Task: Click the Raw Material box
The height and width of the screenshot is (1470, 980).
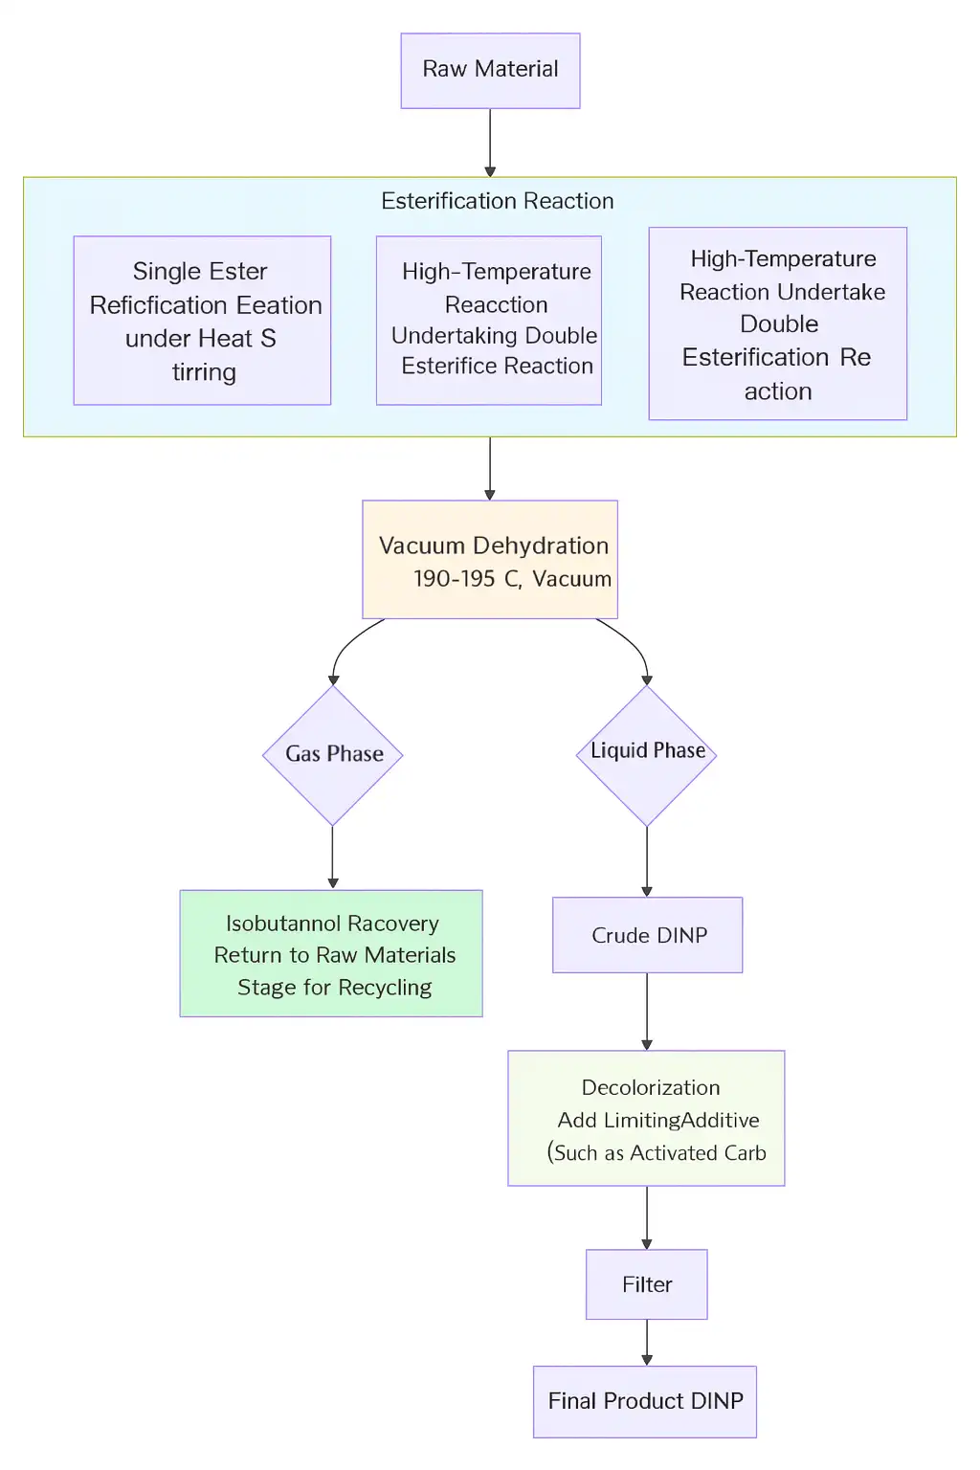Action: click(x=490, y=70)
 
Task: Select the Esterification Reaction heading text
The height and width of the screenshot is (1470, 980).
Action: click(x=497, y=201)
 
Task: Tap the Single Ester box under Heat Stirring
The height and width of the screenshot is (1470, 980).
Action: click(x=202, y=321)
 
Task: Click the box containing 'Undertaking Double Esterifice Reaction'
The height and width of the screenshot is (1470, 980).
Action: click(x=489, y=321)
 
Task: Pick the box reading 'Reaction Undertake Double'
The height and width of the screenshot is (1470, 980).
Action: click(x=778, y=323)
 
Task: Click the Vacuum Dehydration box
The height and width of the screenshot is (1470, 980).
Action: click(x=490, y=559)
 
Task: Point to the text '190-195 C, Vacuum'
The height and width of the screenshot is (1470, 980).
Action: click(x=512, y=579)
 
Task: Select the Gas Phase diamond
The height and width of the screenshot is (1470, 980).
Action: click(x=333, y=754)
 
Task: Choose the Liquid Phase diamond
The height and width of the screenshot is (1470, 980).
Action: click(x=647, y=754)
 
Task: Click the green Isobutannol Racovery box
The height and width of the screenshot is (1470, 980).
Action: click(x=331, y=953)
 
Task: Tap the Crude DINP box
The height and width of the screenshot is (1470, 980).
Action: click(x=648, y=935)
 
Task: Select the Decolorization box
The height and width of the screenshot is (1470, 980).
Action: click(x=646, y=1118)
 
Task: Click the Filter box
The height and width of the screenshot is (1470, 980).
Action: click(x=647, y=1284)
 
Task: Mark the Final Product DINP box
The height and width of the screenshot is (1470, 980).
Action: click(x=645, y=1401)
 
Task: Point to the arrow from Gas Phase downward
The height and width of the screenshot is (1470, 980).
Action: click(x=333, y=857)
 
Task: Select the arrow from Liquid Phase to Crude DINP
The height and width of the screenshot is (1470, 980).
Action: click(x=647, y=860)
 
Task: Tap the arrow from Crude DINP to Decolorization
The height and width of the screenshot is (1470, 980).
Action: click(x=647, y=1011)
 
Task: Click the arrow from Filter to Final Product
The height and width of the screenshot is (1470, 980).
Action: click(x=647, y=1342)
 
